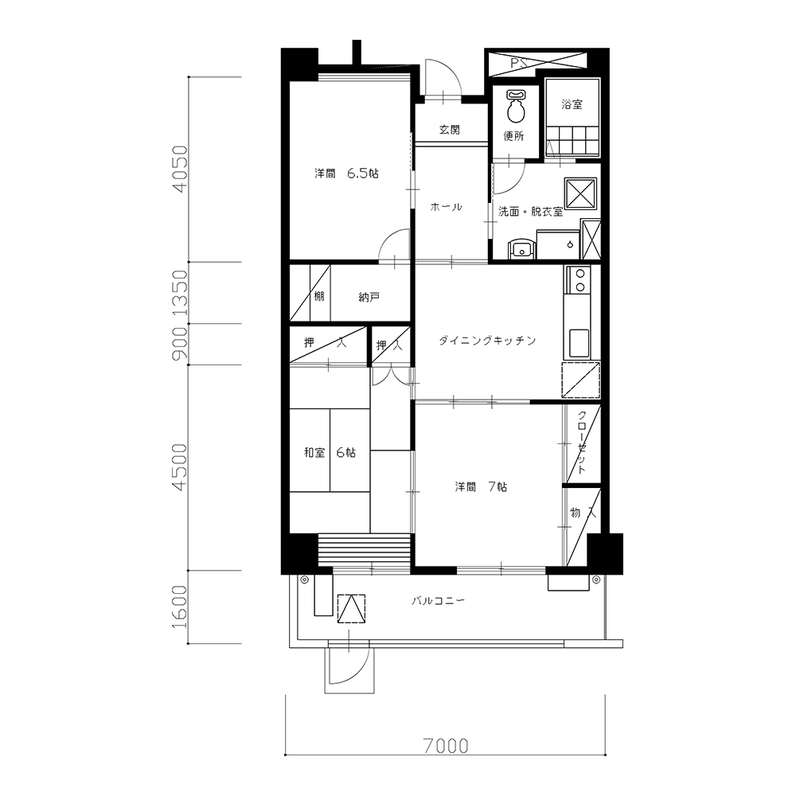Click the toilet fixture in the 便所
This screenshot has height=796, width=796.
pyautogui.click(x=516, y=106)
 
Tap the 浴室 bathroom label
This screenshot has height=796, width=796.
pyautogui.click(x=572, y=104)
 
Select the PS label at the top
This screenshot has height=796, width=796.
pyautogui.click(x=518, y=63)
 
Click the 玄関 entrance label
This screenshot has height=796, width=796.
pyautogui.click(x=449, y=130)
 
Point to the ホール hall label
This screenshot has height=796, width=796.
pyautogui.click(x=447, y=207)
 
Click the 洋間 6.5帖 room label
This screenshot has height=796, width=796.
pyautogui.click(x=347, y=173)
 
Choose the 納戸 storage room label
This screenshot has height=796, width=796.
pyautogui.click(x=369, y=297)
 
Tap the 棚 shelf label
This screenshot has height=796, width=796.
pyautogui.click(x=319, y=296)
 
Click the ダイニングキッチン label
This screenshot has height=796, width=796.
pyautogui.click(x=487, y=340)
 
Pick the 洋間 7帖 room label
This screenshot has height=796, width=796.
pyautogui.click(x=481, y=486)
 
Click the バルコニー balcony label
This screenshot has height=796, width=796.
pyautogui.click(x=438, y=600)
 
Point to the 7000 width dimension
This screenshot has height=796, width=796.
pyautogui.click(x=446, y=746)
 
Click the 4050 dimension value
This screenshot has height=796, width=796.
pyautogui.click(x=180, y=169)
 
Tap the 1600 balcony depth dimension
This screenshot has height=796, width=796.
pyautogui.click(x=180, y=607)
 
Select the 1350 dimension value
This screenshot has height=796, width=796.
pyautogui.click(x=180, y=292)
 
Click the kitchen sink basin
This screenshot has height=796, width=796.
pyautogui.click(x=579, y=343)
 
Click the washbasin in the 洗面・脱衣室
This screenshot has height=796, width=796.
pyautogui.click(x=521, y=249)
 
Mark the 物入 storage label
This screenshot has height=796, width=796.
pyautogui.click(x=583, y=513)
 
